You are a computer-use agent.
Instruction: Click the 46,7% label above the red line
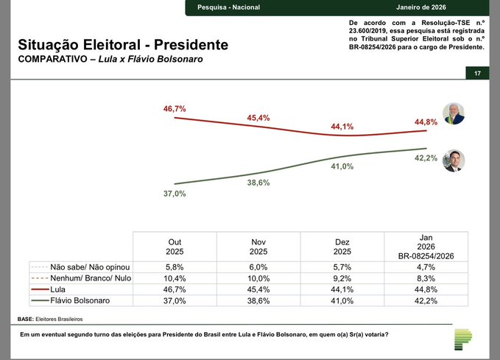(x=175, y=109)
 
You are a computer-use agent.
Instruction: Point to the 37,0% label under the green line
(x=175, y=193)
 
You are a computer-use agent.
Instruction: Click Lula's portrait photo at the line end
(x=452, y=113)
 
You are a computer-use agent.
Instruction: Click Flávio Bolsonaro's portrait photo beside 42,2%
(x=453, y=160)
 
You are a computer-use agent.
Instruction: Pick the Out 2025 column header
(x=175, y=246)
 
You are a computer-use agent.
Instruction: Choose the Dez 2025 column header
(x=342, y=246)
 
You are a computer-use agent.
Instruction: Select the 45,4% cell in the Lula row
(x=258, y=289)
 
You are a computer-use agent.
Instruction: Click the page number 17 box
(x=477, y=74)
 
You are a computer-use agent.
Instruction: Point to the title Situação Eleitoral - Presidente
(x=123, y=45)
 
